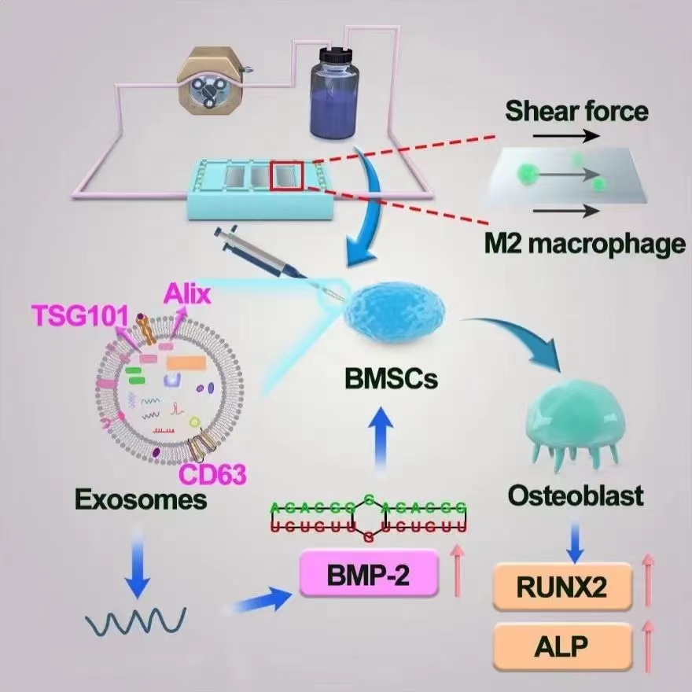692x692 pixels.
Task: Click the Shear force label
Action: (576, 111)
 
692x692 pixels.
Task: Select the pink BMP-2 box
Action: (368, 572)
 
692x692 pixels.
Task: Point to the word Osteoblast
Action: (576, 496)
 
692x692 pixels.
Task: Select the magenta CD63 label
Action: (213, 474)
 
